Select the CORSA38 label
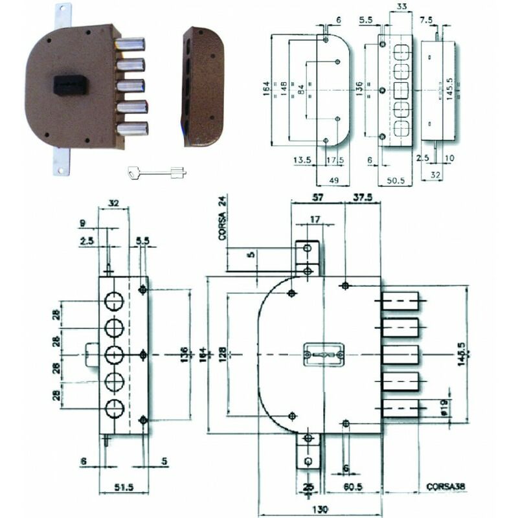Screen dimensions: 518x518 point(447,486)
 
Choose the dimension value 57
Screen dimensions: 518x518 point(318,199)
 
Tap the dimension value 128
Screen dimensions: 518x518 point(222,354)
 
